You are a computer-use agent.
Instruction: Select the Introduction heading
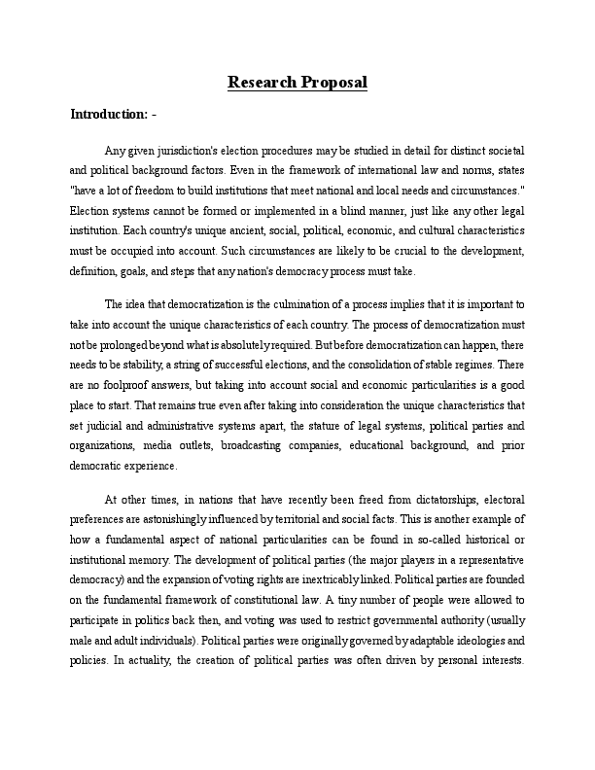[x=109, y=115]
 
